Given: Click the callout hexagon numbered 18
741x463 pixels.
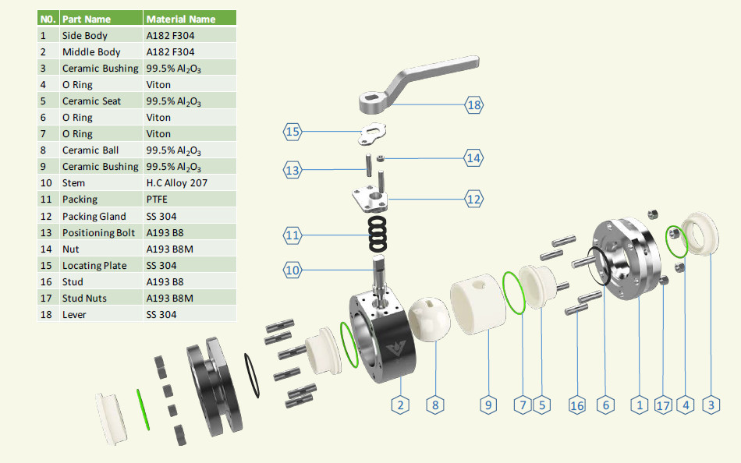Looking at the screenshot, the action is (474, 105).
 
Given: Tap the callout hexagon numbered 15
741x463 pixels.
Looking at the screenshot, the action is (292, 132).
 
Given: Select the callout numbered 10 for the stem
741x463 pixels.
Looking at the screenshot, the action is (292, 270).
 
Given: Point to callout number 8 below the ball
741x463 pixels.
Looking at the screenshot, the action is (435, 405).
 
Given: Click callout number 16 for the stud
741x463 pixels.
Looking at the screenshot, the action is (577, 405).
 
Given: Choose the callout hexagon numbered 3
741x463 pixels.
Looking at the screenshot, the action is (711, 405).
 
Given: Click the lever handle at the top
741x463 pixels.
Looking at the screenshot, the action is (418, 84).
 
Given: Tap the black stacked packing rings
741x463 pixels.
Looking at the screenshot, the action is (378, 234).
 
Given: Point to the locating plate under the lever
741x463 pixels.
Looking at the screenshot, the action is (372, 134).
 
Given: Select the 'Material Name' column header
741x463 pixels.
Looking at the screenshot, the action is (180, 19).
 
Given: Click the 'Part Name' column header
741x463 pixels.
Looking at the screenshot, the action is (87, 19).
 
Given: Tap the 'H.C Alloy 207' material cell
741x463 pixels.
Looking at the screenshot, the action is (177, 183).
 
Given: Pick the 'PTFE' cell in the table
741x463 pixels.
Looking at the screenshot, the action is (157, 200).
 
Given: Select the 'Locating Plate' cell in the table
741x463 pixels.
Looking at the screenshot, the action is (94, 266).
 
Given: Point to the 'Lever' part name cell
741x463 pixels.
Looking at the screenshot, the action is (74, 315).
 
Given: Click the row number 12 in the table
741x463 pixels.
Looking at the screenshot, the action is (46, 217).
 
